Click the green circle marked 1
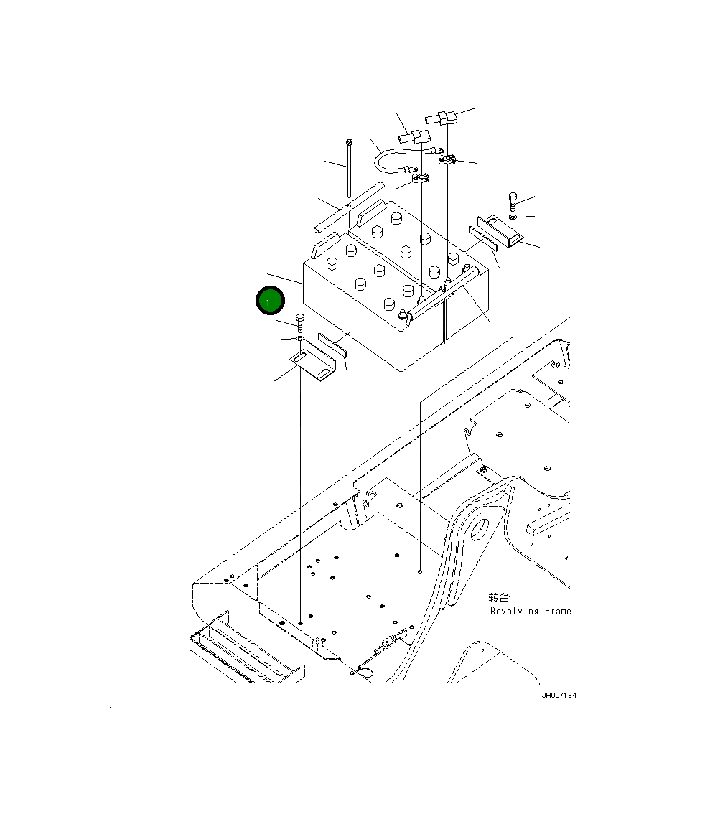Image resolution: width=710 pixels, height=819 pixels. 269,301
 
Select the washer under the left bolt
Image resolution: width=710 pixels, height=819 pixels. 299,338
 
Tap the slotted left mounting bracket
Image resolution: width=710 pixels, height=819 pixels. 313,365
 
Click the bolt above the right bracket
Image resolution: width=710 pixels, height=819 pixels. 513,201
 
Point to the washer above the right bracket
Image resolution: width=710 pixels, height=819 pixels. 512,216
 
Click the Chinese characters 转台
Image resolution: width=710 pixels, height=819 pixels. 498,598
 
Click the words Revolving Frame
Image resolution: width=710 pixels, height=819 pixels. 531,612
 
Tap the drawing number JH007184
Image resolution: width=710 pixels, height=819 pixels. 559,696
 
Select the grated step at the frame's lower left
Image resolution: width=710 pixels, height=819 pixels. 244,650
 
